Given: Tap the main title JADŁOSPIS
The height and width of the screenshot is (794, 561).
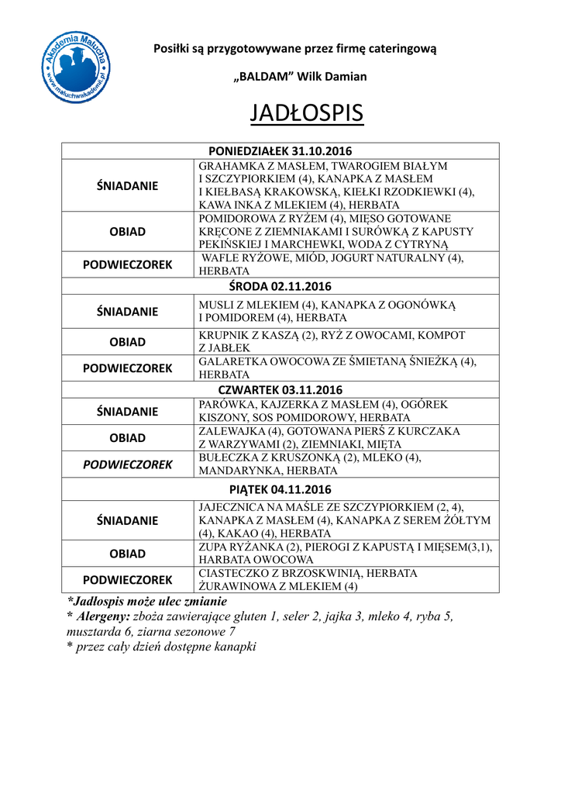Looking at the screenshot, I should click(x=307, y=113).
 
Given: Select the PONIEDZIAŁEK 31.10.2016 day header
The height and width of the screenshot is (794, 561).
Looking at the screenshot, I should click(x=280, y=150).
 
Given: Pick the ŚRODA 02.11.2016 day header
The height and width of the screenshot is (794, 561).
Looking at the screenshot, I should click(x=280, y=286).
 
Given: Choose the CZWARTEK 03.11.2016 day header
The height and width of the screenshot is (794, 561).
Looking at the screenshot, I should click(x=280, y=389).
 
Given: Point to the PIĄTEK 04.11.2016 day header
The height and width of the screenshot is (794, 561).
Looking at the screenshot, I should click(x=280, y=489).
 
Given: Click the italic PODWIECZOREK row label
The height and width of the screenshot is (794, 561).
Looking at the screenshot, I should click(x=127, y=464).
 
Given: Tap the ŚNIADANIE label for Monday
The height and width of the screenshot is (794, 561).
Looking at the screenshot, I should click(x=127, y=185).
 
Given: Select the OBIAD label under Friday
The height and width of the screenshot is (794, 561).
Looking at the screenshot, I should click(x=127, y=554).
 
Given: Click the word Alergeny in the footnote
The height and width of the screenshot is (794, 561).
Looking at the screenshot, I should click(x=102, y=616).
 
